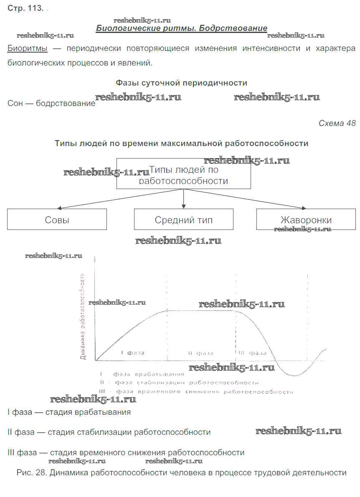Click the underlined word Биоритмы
click(x=28, y=48)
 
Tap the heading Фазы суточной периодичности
click(x=181, y=83)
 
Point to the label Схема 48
click(x=337, y=123)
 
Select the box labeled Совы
click(x=57, y=220)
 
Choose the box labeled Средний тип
click(x=184, y=220)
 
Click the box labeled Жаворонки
click(x=306, y=220)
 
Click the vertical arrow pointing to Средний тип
click(x=183, y=198)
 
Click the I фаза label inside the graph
click(x=132, y=353)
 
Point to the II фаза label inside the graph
click(x=201, y=353)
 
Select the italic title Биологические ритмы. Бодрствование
click(x=182, y=28)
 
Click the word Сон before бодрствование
click(x=14, y=103)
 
